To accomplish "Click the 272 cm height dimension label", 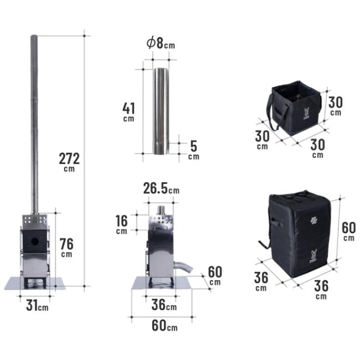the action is tap(69, 162).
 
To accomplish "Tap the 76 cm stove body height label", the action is tap(66, 248).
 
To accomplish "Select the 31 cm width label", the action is tap(37, 306).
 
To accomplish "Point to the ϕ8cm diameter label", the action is tap(161, 43).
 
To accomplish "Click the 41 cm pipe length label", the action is tap(128, 112).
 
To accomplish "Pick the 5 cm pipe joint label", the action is tap(193, 150).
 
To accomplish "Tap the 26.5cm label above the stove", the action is tap(161, 188).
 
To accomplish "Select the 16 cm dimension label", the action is tap(121, 224).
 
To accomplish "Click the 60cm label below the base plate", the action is tap(164, 326).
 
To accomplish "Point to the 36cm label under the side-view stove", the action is tap(164, 305).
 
